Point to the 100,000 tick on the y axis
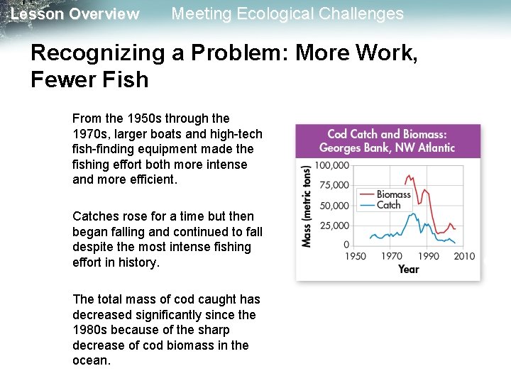click(x=332, y=165)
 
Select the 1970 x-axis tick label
click(x=391, y=256)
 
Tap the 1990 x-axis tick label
click(x=428, y=256)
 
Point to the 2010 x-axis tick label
click(x=464, y=256)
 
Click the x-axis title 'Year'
click(x=408, y=269)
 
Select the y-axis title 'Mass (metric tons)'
click(x=307, y=206)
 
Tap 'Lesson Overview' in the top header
click(x=75, y=14)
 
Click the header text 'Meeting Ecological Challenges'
click(x=287, y=13)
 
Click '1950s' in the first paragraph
click(x=141, y=118)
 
